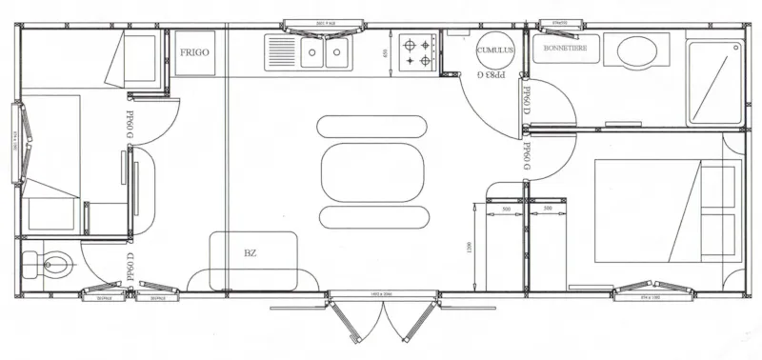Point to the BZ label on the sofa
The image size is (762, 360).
coord(251,254)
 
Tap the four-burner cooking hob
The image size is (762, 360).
coord(417,51)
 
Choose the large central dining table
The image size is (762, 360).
coord(371,171)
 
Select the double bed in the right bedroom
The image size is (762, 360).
coord(667,210)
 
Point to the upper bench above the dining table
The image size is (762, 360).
coord(371,126)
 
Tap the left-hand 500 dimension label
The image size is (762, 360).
coord(506,208)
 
